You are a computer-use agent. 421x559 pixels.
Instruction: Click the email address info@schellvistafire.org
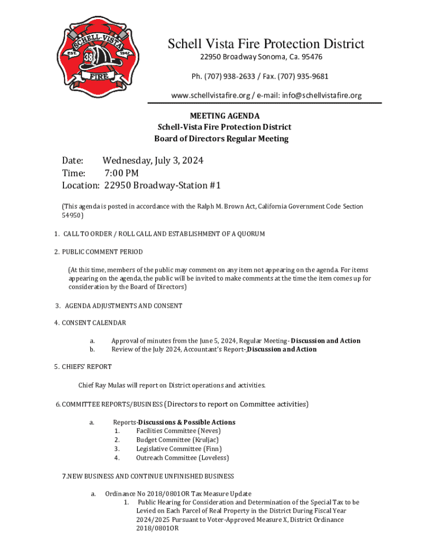(x=322, y=96)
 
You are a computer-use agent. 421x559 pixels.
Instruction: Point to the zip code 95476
(x=310, y=57)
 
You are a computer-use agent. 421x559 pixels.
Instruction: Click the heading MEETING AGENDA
(x=224, y=116)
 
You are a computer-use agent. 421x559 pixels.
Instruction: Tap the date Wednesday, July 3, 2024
(x=153, y=160)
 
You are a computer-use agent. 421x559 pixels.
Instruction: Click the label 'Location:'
(x=80, y=186)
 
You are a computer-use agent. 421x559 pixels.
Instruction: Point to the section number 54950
(x=71, y=216)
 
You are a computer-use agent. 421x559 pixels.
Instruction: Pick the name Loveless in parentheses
(x=214, y=458)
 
